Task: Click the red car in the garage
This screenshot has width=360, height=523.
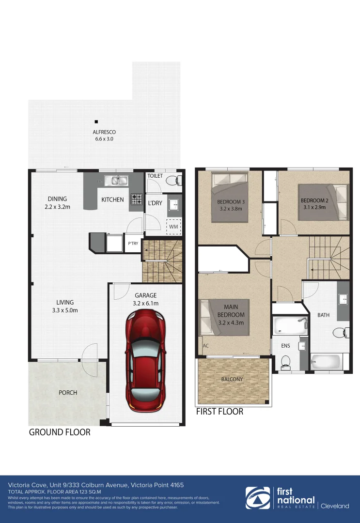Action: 145,361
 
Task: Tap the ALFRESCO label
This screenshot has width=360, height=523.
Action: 104,132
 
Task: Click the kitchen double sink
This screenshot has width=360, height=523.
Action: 117,181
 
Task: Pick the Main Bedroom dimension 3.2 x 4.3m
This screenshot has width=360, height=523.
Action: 231,323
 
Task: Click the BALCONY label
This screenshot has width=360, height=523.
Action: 232,379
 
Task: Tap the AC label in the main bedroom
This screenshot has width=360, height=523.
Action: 205,346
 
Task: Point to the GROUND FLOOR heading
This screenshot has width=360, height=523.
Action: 60,432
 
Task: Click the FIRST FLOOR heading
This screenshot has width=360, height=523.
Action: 219,412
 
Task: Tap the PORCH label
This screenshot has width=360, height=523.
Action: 68,392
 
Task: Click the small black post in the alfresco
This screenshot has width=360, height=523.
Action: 96,122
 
